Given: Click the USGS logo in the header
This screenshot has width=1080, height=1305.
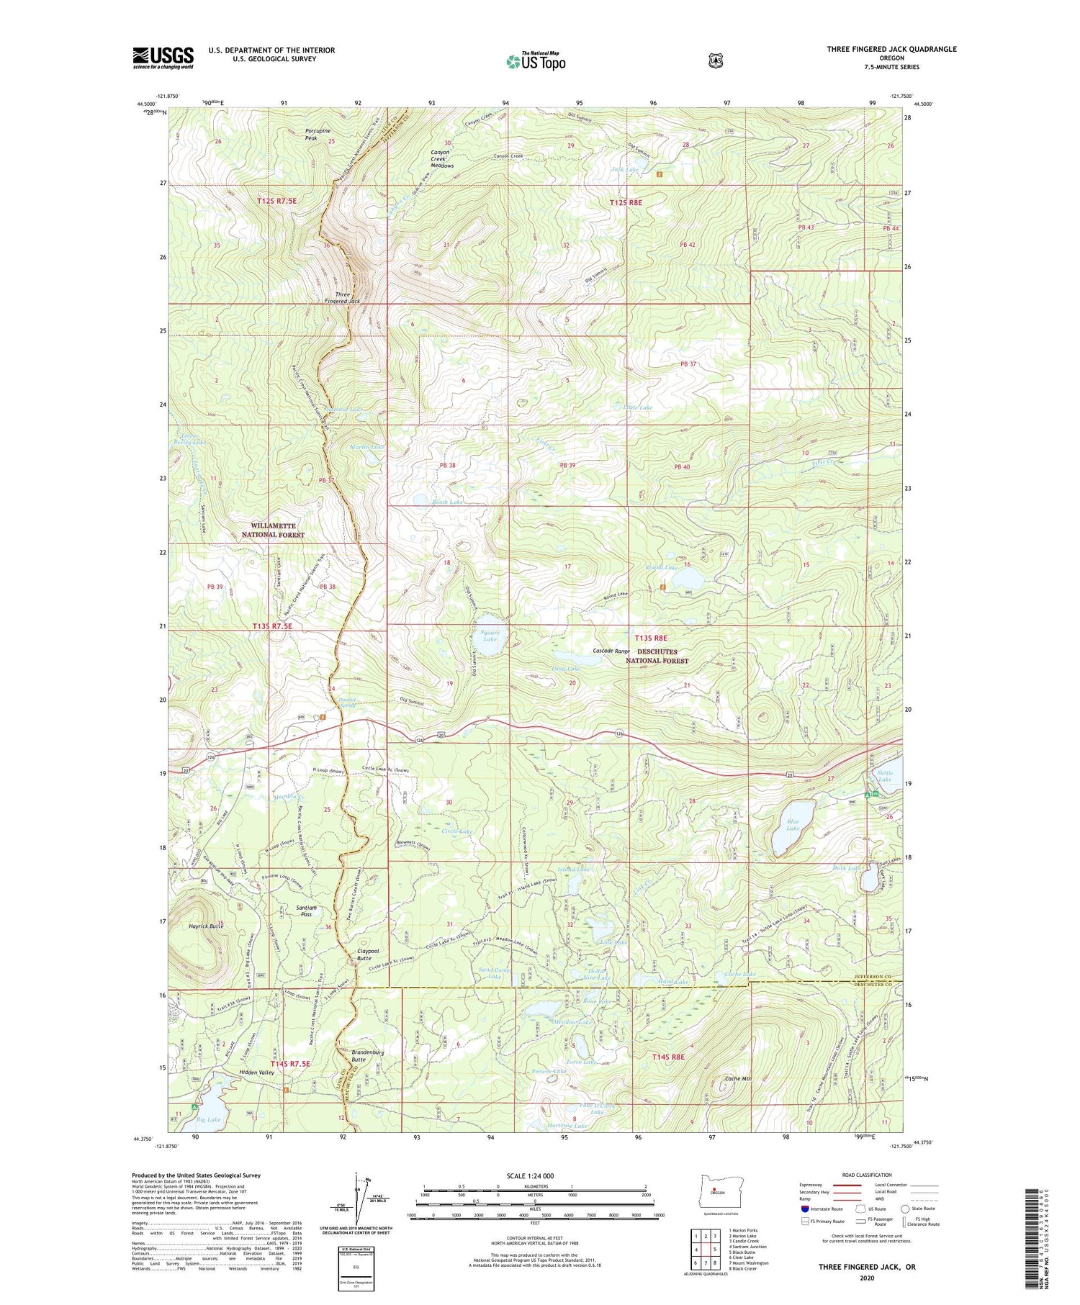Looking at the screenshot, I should click(x=163, y=58).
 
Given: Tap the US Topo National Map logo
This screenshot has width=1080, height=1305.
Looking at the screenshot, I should click(x=536, y=61).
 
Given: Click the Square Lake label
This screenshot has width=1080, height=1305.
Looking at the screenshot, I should click(x=490, y=636).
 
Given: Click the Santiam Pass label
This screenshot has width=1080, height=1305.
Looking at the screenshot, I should click(x=307, y=911).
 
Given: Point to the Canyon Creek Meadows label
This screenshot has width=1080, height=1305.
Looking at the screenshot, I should click(x=441, y=159).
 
